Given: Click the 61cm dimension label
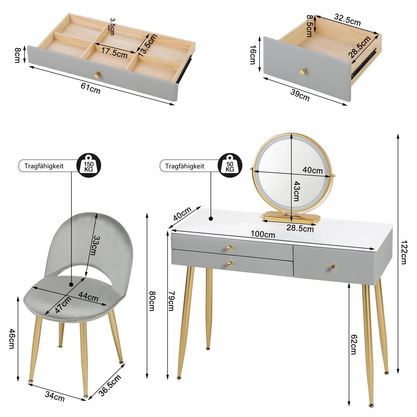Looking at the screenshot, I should [x=90, y=88].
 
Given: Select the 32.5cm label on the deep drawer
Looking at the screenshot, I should [x=347, y=20].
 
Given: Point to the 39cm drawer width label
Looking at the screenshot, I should [x=300, y=95].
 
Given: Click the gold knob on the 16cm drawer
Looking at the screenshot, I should [x=303, y=71].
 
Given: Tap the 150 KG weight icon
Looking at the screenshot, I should [x=89, y=165].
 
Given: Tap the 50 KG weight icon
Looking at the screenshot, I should [x=230, y=165].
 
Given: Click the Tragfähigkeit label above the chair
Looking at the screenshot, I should [x=44, y=166].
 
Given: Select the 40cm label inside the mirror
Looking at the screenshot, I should [x=312, y=170].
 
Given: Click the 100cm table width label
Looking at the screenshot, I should [x=263, y=234].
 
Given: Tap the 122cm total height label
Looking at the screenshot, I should [x=403, y=252].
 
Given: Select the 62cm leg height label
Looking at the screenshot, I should [x=353, y=344].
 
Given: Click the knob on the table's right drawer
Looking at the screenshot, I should [x=333, y=266].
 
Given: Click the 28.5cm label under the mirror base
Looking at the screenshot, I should [x=300, y=228].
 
